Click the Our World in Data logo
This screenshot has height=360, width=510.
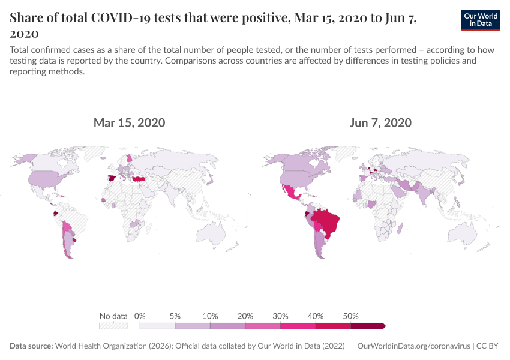pyautogui.click(x=481, y=20)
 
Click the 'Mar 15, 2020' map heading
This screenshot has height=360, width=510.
pyautogui.click(x=129, y=123)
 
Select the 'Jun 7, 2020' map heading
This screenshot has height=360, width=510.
pyautogui.click(x=380, y=123)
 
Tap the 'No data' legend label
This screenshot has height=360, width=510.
pyautogui.click(x=113, y=316)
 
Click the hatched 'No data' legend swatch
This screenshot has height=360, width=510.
pyautogui.click(x=113, y=326)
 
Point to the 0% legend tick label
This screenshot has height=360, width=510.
pyautogui.click(x=140, y=316)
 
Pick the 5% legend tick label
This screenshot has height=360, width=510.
pyautogui.click(x=175, y=316)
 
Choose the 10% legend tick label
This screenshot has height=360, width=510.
pyautogui.click(x=210, y=316)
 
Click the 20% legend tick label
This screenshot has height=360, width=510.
pyautogui.click(x=245, y=316)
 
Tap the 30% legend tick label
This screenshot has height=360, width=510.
pyautogui.click(x=280, y=316)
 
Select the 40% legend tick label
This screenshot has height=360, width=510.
pyautogui.click(x=316, y=316)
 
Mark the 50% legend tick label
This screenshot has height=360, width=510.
pyautogui.click(x=350, y=316)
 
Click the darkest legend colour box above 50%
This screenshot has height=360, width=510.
pyautogui.click(x=367, y=326)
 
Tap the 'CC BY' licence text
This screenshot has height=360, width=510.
pyautogui.click(x=489, y=346)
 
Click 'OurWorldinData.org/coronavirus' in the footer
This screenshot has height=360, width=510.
pyautogui.click(x=413, y=346)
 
